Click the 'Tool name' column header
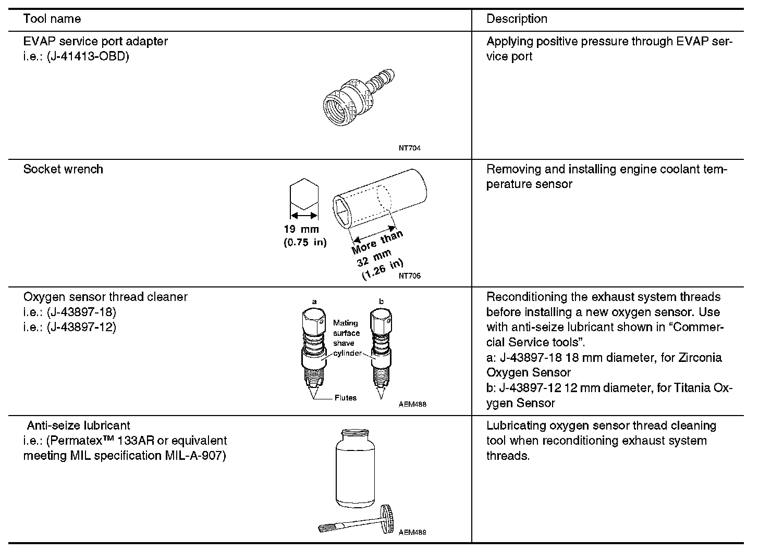52,19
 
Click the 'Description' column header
517,19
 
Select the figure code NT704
409,148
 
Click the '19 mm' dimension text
301,229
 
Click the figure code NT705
409,276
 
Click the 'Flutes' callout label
346,398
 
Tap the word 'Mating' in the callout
345,323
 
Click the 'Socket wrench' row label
63,169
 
